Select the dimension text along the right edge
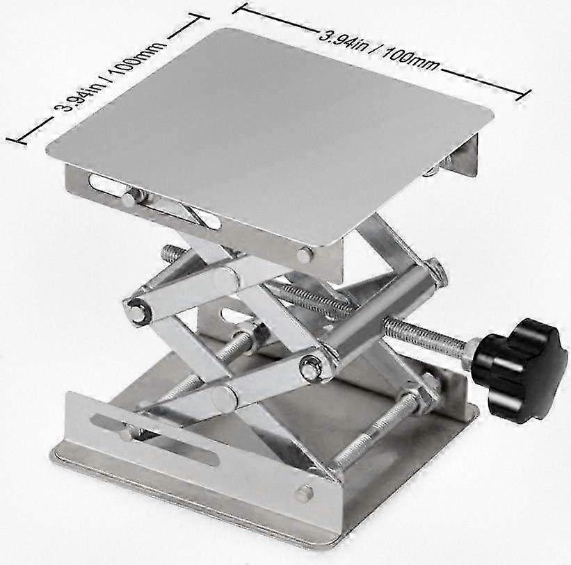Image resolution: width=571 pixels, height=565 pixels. click(x=380, y=49)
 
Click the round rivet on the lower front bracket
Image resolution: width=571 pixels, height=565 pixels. click(x=303, y=493)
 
